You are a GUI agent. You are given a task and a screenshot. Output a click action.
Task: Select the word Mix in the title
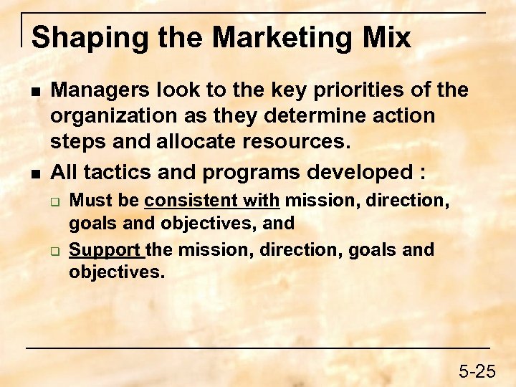point(387,37)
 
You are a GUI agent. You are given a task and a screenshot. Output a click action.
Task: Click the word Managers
point(96,90)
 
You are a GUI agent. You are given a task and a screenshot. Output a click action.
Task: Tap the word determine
point(330,116)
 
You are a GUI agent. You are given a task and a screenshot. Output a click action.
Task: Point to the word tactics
point(118,172)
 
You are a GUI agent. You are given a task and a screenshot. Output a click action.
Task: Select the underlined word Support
point(105,250)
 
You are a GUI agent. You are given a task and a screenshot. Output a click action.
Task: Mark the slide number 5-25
point(477,371)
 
